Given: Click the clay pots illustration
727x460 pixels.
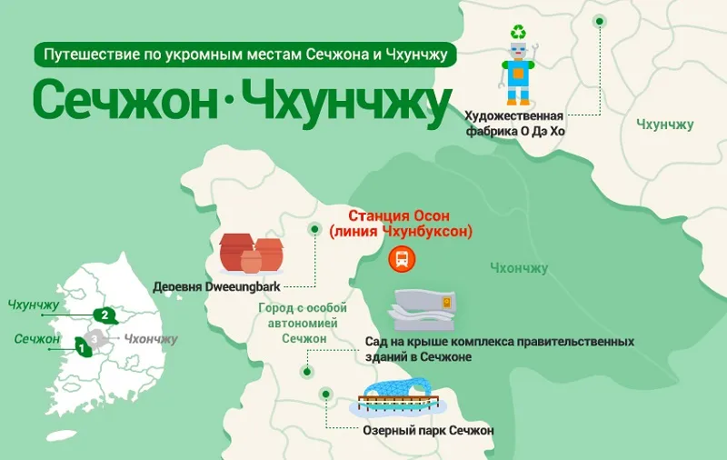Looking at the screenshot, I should pos(251,253).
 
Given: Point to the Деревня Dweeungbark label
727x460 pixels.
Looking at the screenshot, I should pos(216,285).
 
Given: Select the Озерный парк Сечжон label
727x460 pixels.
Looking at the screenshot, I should pos(427,430).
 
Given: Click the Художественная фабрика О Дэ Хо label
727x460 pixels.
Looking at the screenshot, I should pos(514,123).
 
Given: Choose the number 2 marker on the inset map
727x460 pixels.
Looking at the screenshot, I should pos(106,315).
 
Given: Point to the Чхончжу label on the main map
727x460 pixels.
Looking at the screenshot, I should pos(518,267).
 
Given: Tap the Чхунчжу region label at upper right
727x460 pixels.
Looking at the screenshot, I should pos(665,124).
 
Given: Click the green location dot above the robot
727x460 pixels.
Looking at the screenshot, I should pos(598,21).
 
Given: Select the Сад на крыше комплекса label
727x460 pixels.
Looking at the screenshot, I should pos(499,349).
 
